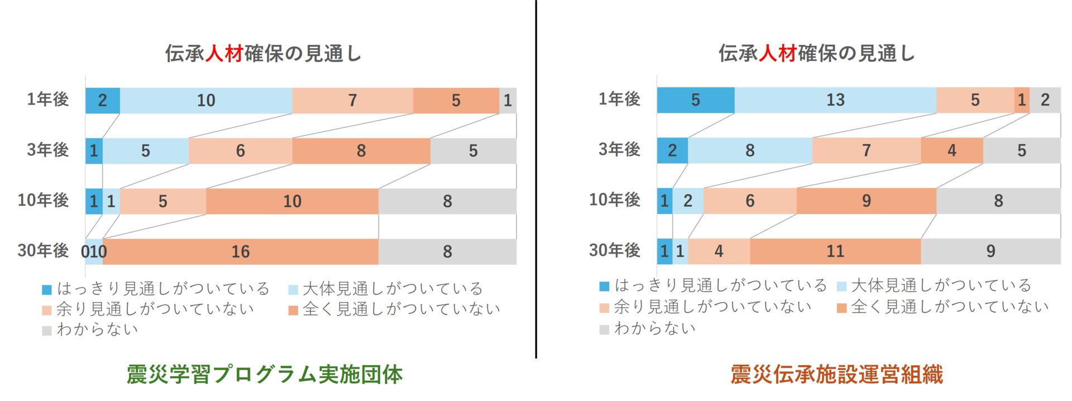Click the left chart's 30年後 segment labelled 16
click(241, 252)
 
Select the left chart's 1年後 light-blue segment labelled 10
click(206, 101)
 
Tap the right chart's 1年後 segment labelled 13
click(835, 100)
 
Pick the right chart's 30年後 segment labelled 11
click(835, 251)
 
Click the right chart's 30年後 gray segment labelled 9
click(990, 251)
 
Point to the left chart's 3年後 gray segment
click(473, 151)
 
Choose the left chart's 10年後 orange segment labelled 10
click(292, 201)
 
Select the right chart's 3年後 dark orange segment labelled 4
click(952, 150)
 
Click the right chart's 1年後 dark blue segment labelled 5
click(695, 100)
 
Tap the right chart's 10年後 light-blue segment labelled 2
click(688, 201)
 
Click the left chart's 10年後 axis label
click(43, 200)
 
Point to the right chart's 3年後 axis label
click(619, 150)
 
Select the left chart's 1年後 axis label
click(48, 99)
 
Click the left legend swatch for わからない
click(47, 331)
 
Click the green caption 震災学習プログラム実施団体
click(265, 375)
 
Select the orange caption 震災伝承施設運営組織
click(836, 375)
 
